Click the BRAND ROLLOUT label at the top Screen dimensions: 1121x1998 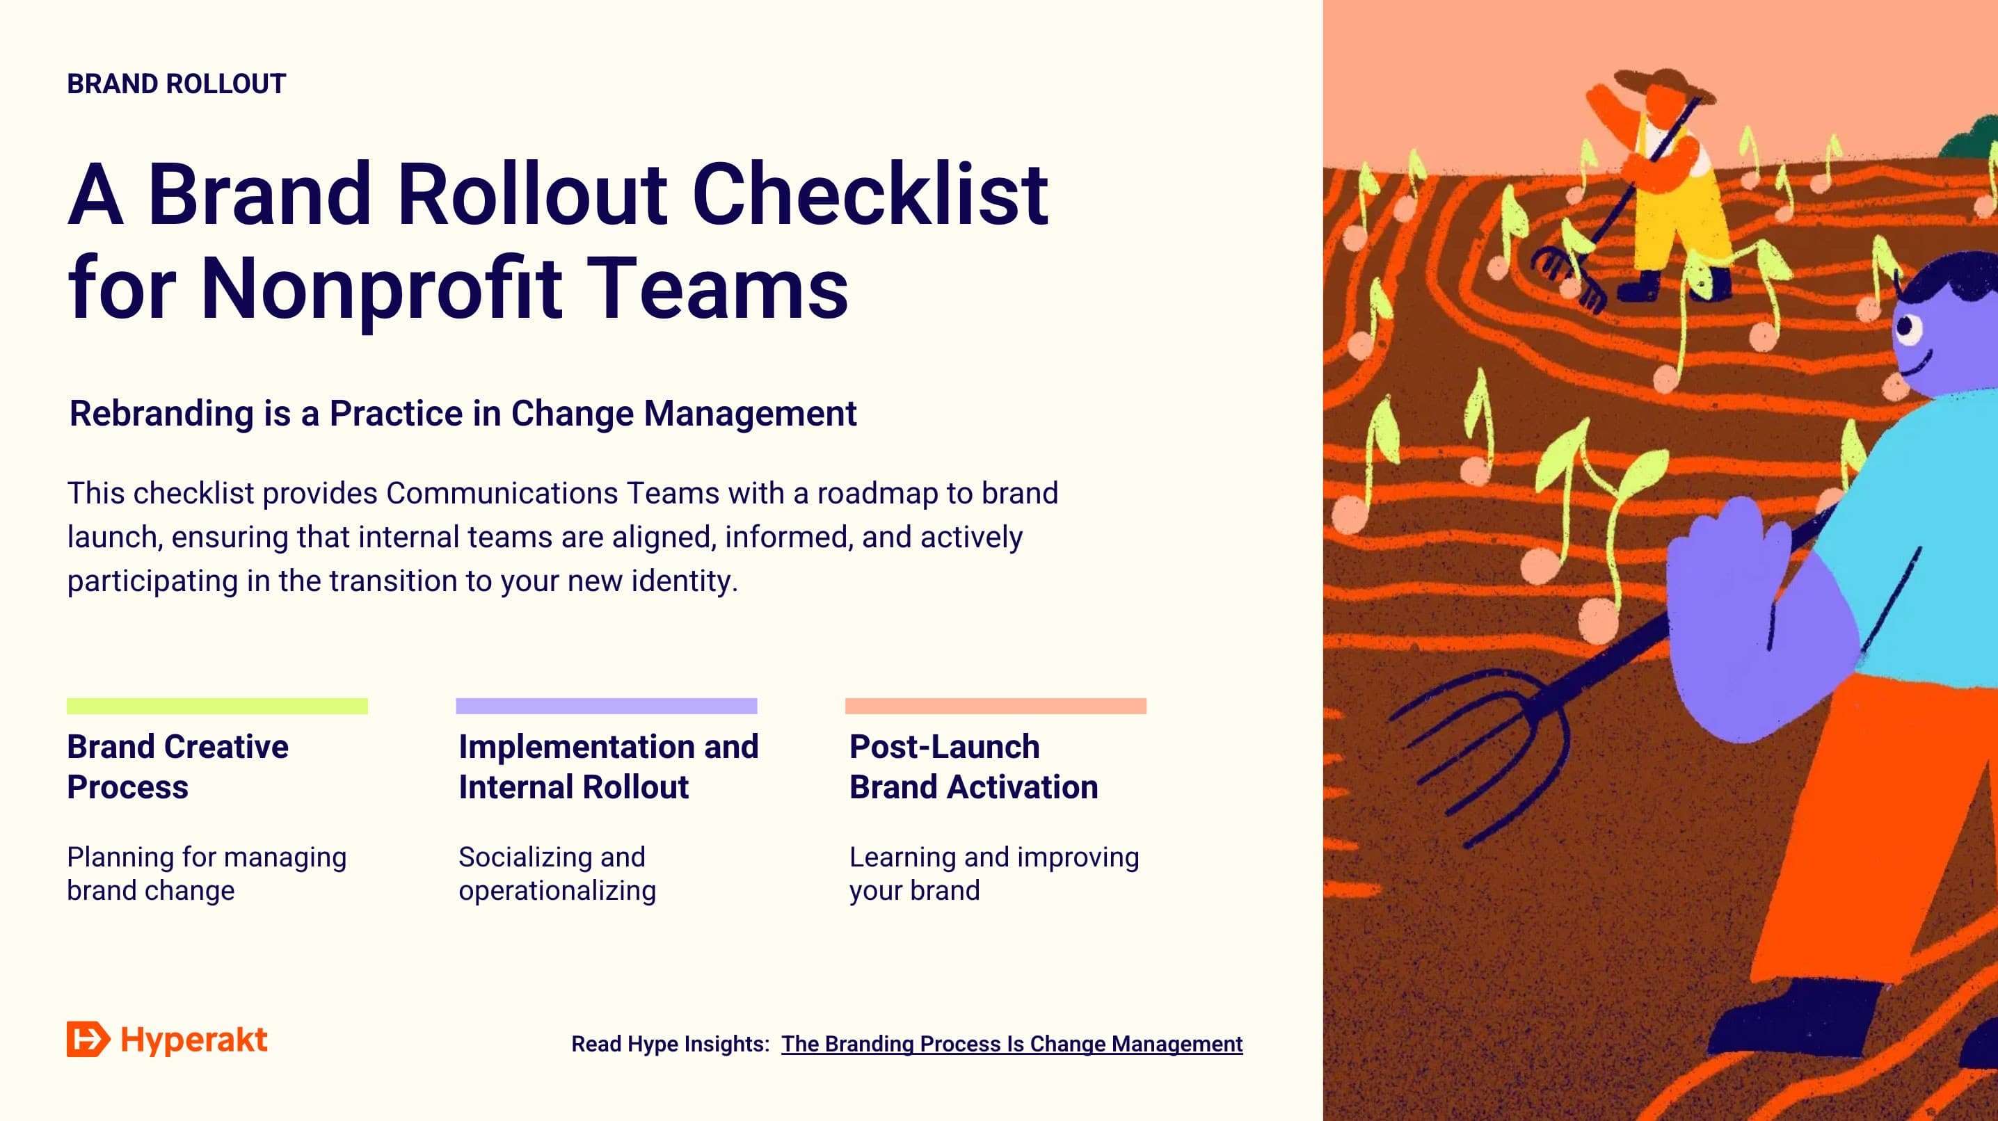tap(176, 83)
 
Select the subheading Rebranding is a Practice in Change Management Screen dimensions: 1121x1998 tap(463, 413)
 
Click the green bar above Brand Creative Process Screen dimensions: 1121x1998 tap(217, 705)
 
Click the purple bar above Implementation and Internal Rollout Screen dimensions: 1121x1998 tap(607, 705)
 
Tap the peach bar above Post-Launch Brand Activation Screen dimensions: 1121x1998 tap(995, 705)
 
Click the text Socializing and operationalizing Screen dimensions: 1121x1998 tap(557, 873)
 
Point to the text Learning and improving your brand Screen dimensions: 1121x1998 tap(993, 873)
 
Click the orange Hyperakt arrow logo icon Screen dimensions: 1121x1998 tap(88, 1039)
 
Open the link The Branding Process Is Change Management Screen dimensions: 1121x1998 tap(1012, 1045)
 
